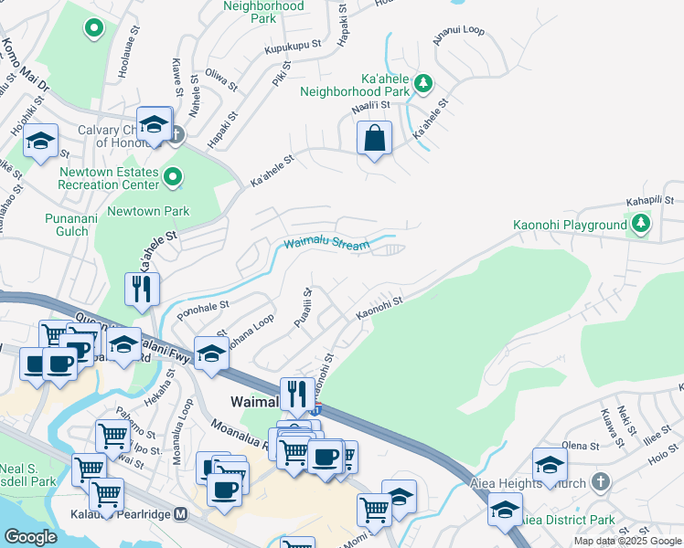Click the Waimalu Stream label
point(326,244)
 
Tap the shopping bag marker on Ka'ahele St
point(374,140)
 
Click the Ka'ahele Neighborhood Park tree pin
point(423,84)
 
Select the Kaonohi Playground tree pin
point(641,223)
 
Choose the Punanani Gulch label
point(67,225)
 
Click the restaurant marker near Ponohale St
point(142,290)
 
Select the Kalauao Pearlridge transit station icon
point(181,514)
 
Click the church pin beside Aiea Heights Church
point(600,480)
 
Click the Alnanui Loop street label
point(459,30)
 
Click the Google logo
point(30,537)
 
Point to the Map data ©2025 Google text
point(628,541)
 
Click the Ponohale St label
point(202,309)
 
